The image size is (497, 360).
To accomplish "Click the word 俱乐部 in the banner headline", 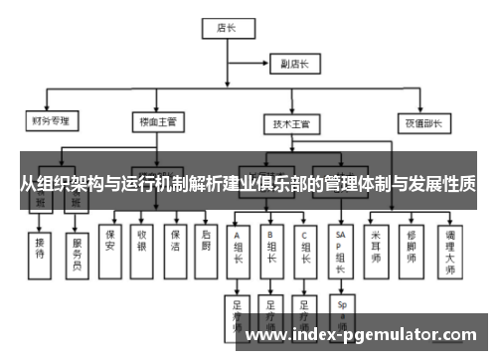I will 288,185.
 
